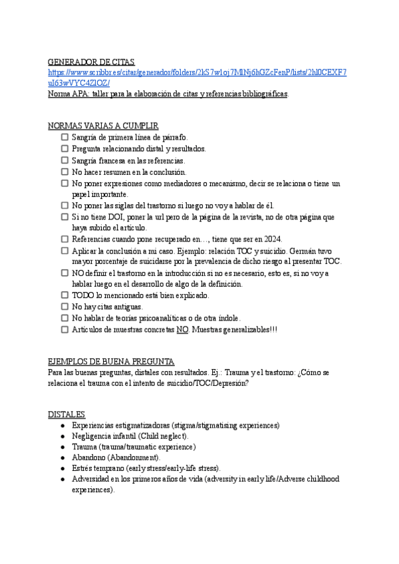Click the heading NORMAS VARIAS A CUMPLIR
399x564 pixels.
coord(103,126)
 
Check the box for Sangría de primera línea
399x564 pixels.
coord(65,137)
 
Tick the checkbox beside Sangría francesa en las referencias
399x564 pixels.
coord(65,160)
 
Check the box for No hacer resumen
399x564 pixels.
coord(65,172)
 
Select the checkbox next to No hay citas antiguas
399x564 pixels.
coord(65,307)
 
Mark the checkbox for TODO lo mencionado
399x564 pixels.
coord(65,295)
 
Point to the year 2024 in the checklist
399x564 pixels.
coord(272,239)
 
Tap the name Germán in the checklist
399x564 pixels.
coord(299,251)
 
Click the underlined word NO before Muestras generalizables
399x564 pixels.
coord(182,329)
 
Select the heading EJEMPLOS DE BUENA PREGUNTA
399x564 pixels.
coord(111,361)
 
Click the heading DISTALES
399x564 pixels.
coord(66,414)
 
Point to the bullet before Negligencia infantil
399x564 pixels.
coord(62,436)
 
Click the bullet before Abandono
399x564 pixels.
coord(62,458)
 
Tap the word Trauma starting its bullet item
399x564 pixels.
coord(85,447)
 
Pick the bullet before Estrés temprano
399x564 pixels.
coord(62,469)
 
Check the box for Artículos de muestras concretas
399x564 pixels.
coord(65,329)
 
